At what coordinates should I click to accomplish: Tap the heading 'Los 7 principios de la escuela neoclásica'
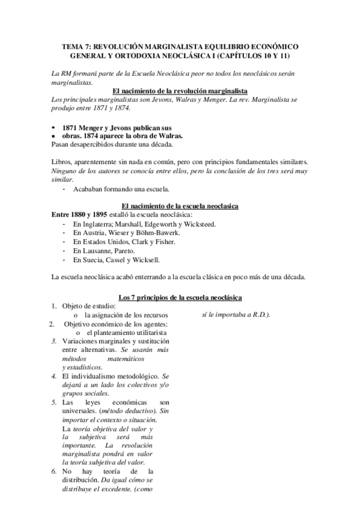[x=180, y=297]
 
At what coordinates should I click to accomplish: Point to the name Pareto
[x=122, y=250]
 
